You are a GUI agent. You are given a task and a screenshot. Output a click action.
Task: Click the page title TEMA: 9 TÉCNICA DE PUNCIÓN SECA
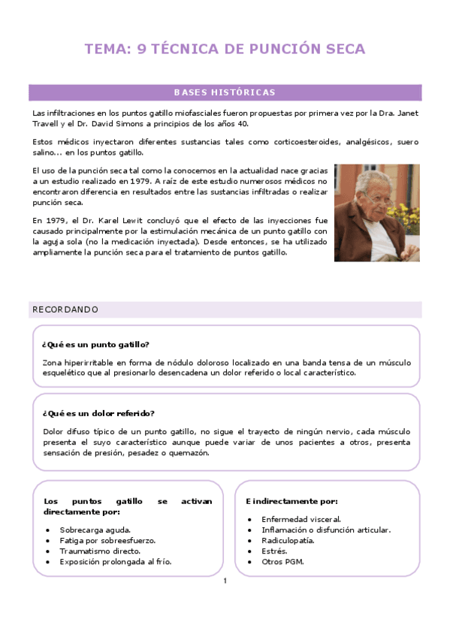pos(225,50)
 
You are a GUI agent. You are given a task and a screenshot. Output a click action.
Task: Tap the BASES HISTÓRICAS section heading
pos(225,92)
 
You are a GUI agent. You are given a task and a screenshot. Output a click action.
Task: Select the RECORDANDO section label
pos(65,309)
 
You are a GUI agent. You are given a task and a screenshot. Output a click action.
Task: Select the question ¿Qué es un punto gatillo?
pos(95,345)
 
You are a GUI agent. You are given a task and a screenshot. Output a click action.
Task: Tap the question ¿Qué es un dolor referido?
pos(98,413)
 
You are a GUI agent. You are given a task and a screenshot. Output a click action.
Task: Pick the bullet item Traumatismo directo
pos(100,551)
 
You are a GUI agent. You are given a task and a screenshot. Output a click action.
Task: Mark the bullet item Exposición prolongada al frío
pos(116,561)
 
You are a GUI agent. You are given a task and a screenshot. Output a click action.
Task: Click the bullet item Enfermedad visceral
pos(301,519)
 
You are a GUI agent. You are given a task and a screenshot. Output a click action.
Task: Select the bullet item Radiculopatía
pos(288,540)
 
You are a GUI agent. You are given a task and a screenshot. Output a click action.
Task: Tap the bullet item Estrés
pos(274,551)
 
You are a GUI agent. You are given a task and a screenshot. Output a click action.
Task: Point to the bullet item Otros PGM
pos(282,561)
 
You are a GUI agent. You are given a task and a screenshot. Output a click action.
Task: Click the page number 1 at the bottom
pos(225,581)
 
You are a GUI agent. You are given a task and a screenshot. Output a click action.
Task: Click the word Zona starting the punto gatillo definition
pos(53,362)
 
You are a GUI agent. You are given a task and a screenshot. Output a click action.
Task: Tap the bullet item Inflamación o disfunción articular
pos(326,530)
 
